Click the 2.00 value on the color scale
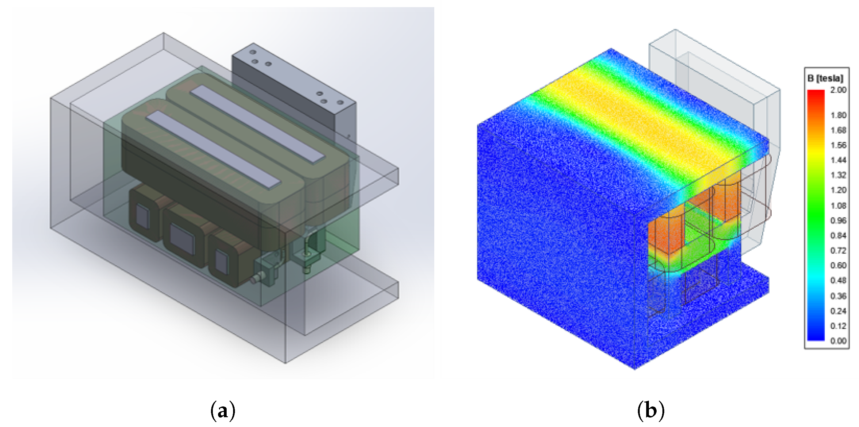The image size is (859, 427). pos(838,90)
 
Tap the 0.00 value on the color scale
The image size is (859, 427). pos(838,341)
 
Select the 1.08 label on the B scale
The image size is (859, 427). pos(838,205)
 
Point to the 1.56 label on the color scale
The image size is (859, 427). pos(838,145)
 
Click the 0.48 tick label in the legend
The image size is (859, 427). pos(838,280)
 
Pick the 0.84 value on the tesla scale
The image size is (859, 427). pos(838,235)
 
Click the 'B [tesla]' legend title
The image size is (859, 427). pos(825,78)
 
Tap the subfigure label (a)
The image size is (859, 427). pos(223,410)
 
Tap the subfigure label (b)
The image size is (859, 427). pos(650,410)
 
